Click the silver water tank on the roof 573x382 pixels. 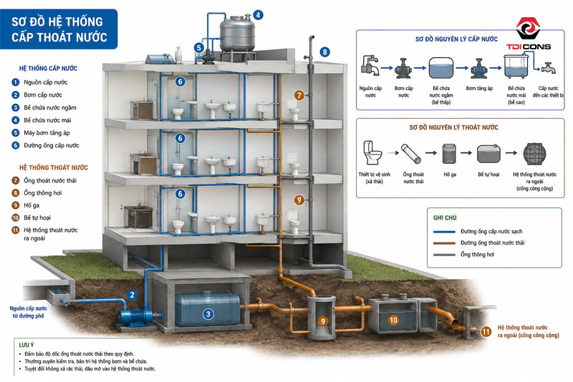tap(237, 34)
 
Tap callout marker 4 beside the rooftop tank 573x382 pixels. tap(259, 15)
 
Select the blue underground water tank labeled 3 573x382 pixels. tap(208, 308)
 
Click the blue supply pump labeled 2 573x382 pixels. tap(136, 317)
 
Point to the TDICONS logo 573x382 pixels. tap(528, 34)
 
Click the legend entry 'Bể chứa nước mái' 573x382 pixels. tap(47, 120)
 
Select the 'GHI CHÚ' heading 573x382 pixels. tap(445, 217)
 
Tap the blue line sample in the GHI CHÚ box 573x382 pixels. tap(444, 232)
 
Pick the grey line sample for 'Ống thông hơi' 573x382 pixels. tap(444, 255)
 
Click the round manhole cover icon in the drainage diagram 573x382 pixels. tap(534, 154)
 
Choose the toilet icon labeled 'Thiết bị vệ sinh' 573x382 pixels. tap(372, 153)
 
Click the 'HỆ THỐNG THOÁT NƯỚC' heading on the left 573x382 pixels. tap(54, 167)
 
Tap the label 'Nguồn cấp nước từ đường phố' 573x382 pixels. tap(28, 312)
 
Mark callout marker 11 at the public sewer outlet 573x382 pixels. tap(486, 332)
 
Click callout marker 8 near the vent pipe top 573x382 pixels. tap(324, 52)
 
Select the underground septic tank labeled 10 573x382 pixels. tap(393, 315)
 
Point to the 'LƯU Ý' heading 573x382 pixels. tap(27, 345)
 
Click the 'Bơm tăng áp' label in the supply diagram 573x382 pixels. tap(479, 88)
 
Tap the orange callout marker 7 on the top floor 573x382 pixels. tap(299, 95)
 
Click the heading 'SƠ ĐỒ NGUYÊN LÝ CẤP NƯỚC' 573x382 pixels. tap(456, 39)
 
